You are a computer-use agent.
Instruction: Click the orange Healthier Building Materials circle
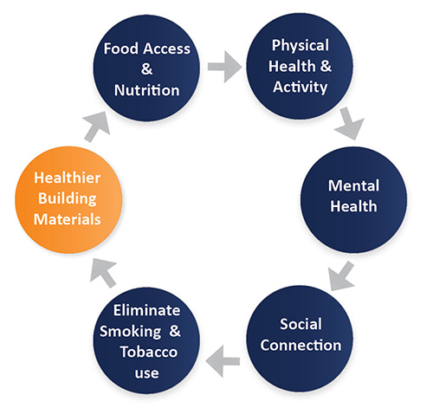point(68,200)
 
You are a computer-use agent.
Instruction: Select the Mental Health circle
point(353,200)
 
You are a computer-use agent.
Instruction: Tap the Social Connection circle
point(300,339)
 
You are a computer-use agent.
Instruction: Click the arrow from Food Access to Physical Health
point(224,67)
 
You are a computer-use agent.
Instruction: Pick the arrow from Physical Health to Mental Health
point(349,124)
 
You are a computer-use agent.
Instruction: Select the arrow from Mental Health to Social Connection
point(341,276)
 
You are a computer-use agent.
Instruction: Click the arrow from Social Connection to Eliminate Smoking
point(223,361)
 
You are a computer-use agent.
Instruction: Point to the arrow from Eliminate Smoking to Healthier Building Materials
point(103,273)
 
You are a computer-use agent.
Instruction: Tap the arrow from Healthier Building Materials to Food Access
point(96,127)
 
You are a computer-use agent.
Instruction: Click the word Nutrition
point(147,90)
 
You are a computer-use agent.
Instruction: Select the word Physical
point(301,46)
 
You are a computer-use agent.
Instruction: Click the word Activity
point(301,87)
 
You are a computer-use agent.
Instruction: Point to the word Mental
point(353,185)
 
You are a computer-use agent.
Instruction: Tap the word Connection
point(301,346)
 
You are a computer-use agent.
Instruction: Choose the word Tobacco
point(149,352)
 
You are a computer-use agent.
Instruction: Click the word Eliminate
point(146,311)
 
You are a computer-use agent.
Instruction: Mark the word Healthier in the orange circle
point(68,178)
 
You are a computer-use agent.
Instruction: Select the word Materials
point(68,219)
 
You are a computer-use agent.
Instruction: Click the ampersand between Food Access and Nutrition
point(146,69)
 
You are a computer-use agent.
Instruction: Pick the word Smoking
point(131,332)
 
